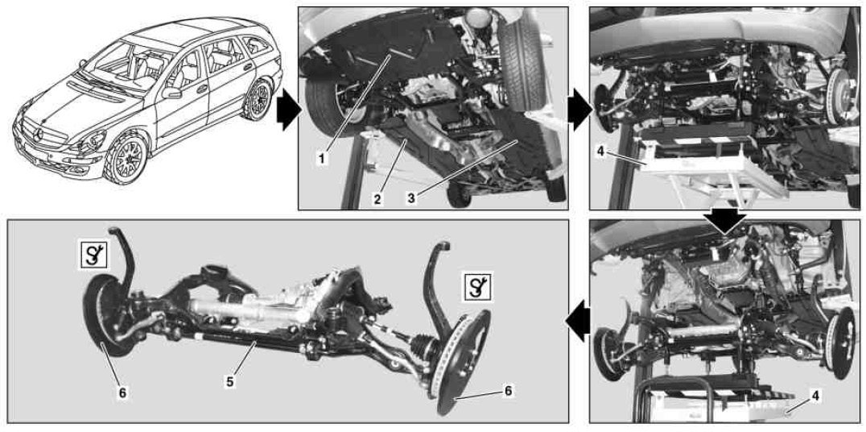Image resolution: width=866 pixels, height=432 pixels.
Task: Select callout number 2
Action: point(377,198)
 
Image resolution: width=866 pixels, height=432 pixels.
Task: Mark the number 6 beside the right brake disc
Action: point(508,391)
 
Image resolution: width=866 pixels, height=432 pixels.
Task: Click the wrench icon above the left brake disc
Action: point(93,255)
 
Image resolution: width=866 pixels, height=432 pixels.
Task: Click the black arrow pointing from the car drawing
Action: point(289,110)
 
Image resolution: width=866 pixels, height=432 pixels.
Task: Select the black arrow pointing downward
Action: point(725,221)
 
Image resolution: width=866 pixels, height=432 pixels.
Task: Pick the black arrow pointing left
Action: point(576,322)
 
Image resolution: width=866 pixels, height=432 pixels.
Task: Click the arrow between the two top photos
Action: point(579,110)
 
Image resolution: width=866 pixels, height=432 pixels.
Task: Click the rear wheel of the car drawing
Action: point(258,99)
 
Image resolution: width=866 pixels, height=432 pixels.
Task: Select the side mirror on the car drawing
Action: point(171,93)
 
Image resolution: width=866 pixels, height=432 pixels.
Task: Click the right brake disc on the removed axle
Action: point(464,363)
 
